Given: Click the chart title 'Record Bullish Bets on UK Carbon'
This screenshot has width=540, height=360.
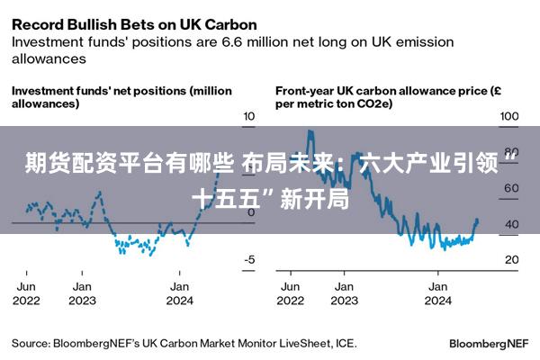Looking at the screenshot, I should (x=134, y=23).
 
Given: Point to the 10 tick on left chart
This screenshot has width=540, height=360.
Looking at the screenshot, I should (x=249, y=117).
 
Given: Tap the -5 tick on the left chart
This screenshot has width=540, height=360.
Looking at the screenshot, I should (x=249, y=260).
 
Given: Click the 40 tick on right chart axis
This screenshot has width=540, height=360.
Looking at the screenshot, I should (x=511, y=224).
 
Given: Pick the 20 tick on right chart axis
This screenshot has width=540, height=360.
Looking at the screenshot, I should (x=511, y=260).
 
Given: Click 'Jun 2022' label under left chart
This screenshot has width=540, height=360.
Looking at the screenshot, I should (x=27, y=293).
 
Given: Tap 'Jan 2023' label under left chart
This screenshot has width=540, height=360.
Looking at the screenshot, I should (x=83, y=293).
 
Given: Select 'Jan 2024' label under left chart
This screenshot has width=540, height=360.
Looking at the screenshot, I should (x=180, y=293).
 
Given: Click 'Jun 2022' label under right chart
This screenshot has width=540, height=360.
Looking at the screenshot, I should (x=292, y=293).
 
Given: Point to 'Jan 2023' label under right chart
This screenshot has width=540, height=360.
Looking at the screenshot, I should (x=344, y=293).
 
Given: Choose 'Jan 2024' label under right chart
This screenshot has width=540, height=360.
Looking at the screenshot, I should (x=438, y=293).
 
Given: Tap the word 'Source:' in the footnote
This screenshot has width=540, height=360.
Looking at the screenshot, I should (x=31, y=343).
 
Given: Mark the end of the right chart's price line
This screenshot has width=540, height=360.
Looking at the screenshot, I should (x=476, y=220).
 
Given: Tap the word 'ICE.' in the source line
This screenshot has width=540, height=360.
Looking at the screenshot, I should (x=346, y=343).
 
